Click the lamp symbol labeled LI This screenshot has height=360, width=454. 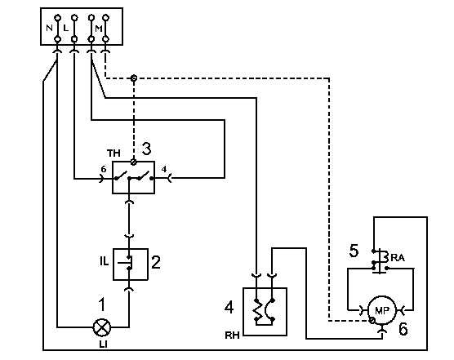coord(102,327)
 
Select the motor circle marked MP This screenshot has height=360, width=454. coord(382,310)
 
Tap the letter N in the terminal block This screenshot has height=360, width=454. coord(50,28)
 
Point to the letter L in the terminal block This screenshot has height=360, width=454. coord(65,28)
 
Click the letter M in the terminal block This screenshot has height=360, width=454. coord(99,29)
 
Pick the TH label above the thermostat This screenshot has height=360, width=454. coord(113,153)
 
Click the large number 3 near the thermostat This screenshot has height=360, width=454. coord(146,149)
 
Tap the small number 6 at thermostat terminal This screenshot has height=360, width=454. coord(104,168)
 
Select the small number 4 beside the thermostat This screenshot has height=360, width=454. coord(164,169)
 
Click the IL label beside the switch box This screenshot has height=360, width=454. coord(105,261)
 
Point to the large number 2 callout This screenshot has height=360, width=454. coord(156,262)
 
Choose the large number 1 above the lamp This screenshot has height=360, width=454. coord(101,304)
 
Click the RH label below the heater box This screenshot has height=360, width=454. coord(232,336)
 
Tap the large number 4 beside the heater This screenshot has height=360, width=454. coord(229,307)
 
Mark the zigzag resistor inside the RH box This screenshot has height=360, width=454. coord(256,309)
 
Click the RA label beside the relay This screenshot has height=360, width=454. coord(398,258)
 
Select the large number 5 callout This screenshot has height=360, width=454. coord(354,251)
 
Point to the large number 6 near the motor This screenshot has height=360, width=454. coord(403,329)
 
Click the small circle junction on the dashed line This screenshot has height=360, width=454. coord(133,78)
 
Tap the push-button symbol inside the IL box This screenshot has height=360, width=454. coord(127,263)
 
